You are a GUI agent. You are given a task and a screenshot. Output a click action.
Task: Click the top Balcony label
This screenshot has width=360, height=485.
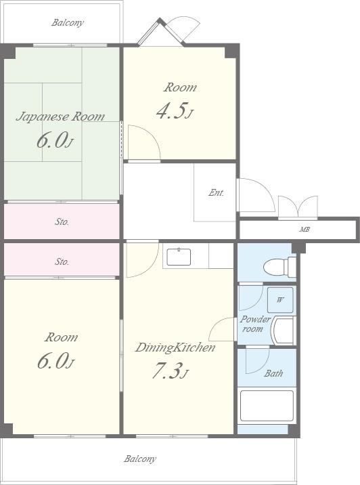point(68,23)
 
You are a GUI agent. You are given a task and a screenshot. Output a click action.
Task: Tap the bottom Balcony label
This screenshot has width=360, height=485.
point(140,459)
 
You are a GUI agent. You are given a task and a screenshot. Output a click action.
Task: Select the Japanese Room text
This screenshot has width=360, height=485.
point(60,117)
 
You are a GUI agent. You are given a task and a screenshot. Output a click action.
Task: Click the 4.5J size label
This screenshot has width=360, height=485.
point(175,110)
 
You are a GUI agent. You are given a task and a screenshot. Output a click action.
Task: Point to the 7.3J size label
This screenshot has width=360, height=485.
point(171,371)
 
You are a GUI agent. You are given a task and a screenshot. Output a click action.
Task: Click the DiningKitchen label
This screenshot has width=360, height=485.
point(175,347)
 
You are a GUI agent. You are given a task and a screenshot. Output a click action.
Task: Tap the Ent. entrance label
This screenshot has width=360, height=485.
point(216,192)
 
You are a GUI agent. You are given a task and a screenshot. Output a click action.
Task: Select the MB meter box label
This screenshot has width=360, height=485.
point(305,230)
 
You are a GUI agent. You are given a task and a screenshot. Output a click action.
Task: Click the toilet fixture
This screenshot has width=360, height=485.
point(280,266)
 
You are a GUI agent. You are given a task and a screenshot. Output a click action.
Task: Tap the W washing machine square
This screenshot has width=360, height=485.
point(280,299)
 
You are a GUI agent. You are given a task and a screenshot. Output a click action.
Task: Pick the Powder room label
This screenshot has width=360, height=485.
point(255,324)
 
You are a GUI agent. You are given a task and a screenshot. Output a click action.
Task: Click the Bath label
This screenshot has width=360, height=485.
point(273,373)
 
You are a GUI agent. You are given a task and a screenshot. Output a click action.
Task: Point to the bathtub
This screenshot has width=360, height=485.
point(267,406)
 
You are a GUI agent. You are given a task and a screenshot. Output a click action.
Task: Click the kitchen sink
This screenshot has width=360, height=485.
point(179,257)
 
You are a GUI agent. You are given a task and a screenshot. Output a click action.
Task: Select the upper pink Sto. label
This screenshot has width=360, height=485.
point(62,222)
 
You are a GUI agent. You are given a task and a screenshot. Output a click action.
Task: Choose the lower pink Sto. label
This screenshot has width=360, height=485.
point(62,261)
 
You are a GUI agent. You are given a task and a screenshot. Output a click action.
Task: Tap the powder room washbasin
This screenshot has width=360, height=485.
point(284,330)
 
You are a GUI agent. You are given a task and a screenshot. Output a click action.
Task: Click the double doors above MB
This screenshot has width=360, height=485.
point(298,207)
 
